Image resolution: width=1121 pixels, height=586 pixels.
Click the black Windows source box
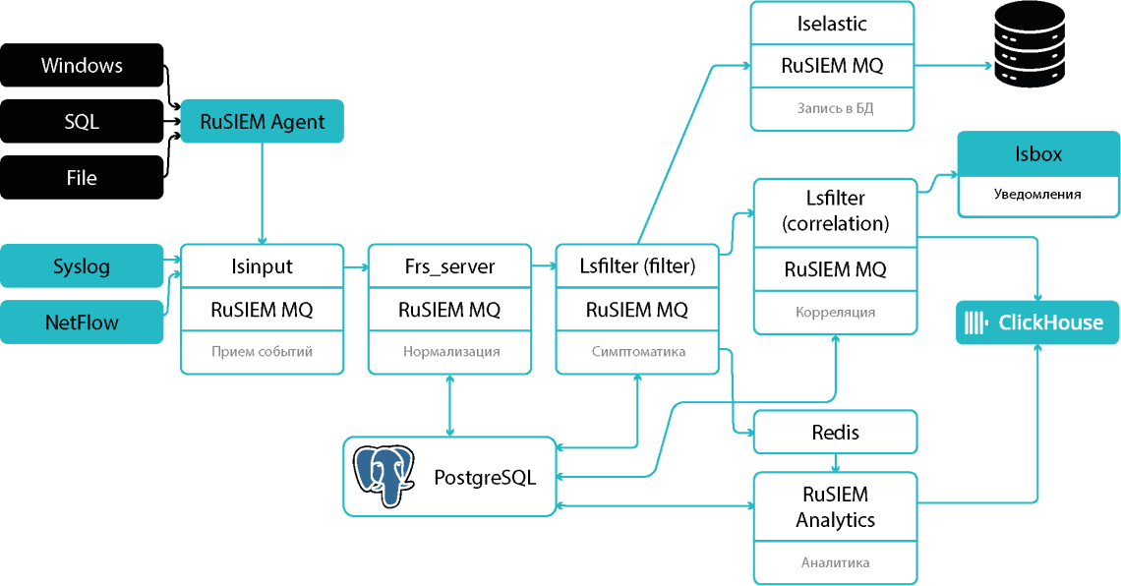pos(82,65)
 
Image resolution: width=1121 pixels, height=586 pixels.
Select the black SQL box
pos(82,122)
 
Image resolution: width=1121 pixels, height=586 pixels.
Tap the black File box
pos(82,178)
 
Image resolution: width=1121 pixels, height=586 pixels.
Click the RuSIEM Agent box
pos(262,122)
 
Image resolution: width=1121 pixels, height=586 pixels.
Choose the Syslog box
pos(82,265)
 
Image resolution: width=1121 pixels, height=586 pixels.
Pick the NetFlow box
pos(82,322)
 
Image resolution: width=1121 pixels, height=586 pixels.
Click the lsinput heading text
pos(262,266)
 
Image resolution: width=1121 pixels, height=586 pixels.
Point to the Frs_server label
pos(449,266)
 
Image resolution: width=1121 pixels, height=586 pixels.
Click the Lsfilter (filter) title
pos(637,265)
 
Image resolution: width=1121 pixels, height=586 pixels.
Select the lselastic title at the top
pos(832,24)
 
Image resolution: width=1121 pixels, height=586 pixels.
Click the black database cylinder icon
pos(1030,44)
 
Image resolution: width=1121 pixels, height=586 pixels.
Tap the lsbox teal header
pos(1038,153)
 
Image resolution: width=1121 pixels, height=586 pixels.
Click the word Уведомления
pos(1037,195)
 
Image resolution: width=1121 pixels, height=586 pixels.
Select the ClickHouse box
pos(1037,322)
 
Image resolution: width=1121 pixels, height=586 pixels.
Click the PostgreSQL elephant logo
pos(383,477)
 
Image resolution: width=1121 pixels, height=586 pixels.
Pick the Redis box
pos(835,433)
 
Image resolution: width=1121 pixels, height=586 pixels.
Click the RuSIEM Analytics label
pos(835,506)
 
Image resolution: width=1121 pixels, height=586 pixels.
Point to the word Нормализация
pos(451,352)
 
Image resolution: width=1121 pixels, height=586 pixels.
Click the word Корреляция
pos(835,313)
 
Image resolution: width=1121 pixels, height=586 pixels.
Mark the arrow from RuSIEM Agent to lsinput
pos(263,194)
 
